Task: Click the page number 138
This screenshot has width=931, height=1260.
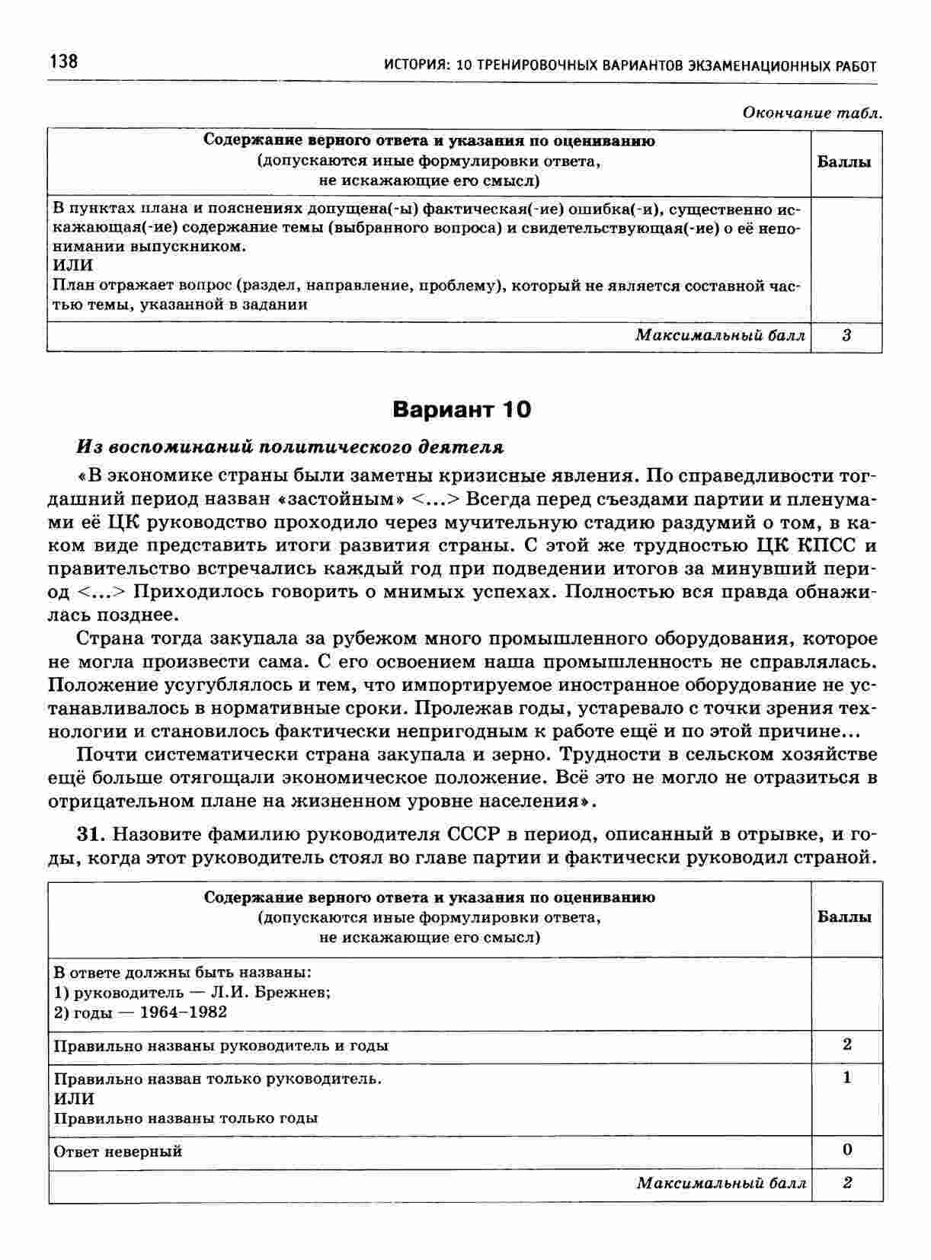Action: [x=64, y=62]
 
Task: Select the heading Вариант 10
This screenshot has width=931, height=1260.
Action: [x=462, y=410]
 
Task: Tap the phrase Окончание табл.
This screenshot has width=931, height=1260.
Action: [x=812, y=113]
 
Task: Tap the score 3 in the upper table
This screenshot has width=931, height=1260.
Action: [x=846, y=335]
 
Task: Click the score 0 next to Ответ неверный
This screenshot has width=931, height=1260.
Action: [x=847, y=1150]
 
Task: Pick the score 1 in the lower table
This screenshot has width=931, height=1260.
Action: [x=847, y=1077]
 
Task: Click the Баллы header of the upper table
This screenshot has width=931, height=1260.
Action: [x=844, y=161]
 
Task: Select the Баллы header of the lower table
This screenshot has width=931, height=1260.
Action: [x=844, y=916]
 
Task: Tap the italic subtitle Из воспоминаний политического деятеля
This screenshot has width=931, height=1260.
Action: [x=290, y=446]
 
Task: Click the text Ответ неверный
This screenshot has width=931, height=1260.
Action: [x=118, y=1151]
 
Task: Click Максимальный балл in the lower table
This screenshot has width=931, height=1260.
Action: [x=721, y=1183]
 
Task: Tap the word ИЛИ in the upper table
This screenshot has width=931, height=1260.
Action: [x=74, y=265]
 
